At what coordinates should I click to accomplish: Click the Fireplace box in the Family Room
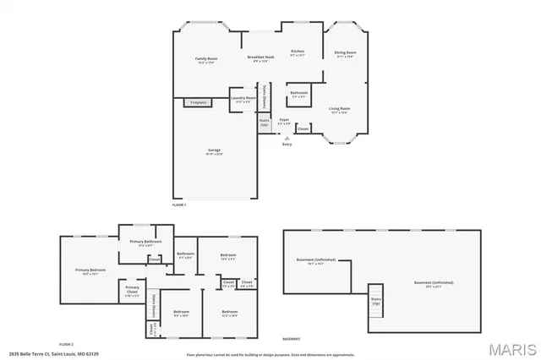[198, 103]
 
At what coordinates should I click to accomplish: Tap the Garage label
[215, 151]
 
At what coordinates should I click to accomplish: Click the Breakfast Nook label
[263, 58]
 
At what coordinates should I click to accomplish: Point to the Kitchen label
[298, 52]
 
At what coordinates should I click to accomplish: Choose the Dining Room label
[345, 54]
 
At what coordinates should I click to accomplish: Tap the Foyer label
[285, 121]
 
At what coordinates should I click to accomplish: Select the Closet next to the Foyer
[303, 128]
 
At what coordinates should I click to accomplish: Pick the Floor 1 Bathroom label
[299, 93]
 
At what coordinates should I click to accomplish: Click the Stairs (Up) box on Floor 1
[265, 123]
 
